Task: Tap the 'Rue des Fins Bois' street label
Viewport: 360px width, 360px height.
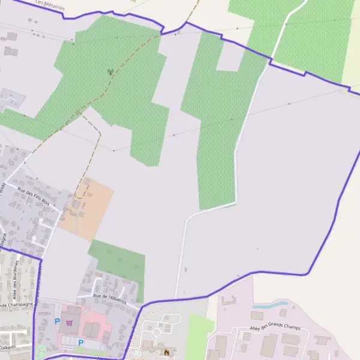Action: [34, 194]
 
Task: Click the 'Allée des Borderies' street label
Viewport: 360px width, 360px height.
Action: [16, 280]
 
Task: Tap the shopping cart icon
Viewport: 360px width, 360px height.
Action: [70, 322]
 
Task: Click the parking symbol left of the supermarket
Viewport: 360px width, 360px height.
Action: [58, 322]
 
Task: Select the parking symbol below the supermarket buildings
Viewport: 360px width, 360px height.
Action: [80, 343]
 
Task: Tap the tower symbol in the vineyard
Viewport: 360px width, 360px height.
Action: [110, 71]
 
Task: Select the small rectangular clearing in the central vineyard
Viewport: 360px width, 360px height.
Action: [229, 58]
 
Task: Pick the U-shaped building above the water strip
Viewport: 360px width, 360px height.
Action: [229, 299]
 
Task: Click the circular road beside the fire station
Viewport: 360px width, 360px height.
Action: [158, 331]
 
